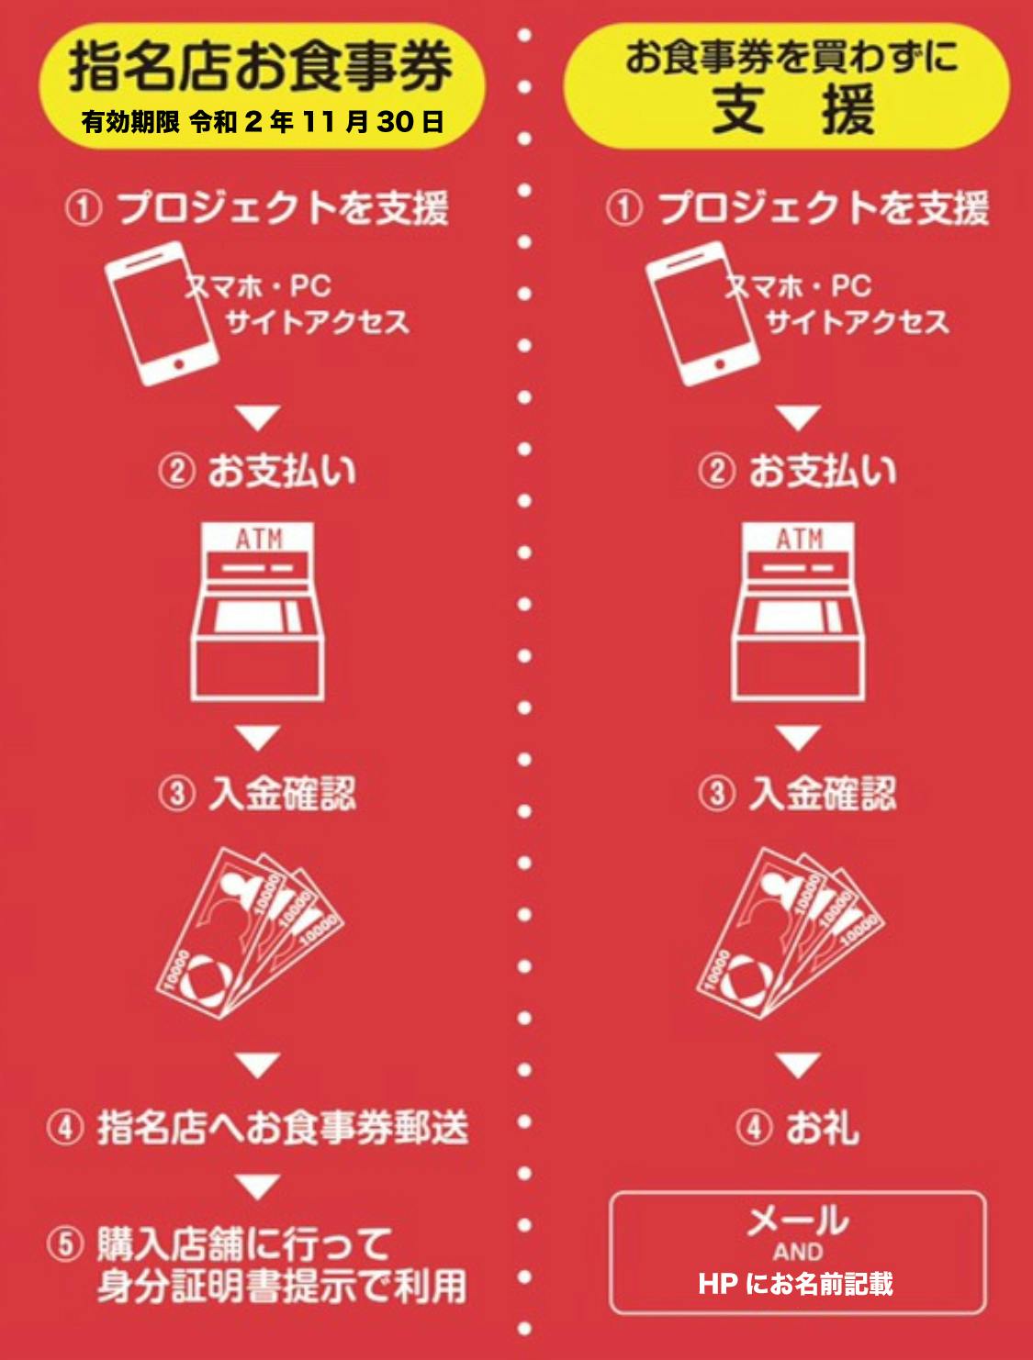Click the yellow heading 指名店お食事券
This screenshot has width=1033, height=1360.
pyautogui.click(x=260, y=67)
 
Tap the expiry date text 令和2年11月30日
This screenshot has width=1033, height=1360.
pyautogui.click(x=317, y=122)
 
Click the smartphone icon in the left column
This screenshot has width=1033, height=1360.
pyautogui.click(x=162, y=314)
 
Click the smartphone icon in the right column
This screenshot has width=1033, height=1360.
pyautogui.click(x=702, y=314)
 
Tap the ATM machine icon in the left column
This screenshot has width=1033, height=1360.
pyautogui.click(x=257, y=611)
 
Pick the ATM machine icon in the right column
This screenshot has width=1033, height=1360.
pyautogui.click(x=798, y=611)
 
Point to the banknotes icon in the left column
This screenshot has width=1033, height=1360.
pyautogui.click(x=250, y=933)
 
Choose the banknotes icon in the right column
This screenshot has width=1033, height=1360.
pyautogui.click(x=790, y=933)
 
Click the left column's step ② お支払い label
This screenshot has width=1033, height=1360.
pyautogui.click(x=257, y=472)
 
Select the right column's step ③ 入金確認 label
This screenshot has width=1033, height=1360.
pyautogui.click(x=798, y=794)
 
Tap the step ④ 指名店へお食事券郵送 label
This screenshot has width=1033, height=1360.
pyautogui.click(x=257, y=1127)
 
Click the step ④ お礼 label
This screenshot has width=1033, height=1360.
pyautogui.click(x=798, y=1127)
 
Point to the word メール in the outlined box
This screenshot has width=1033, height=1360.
pyautogui.click(x=798, y=1221)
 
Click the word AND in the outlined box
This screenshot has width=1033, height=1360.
pyautogui.click(x=798, y=1253)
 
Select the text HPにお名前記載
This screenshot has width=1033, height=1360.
pyautogui.click(x=796, y=1283)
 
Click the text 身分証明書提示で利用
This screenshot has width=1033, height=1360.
pyautogui.click(x=282, y=1287)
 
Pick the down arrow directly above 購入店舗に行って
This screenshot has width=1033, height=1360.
pyautogui.click(x=258, y=1186)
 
